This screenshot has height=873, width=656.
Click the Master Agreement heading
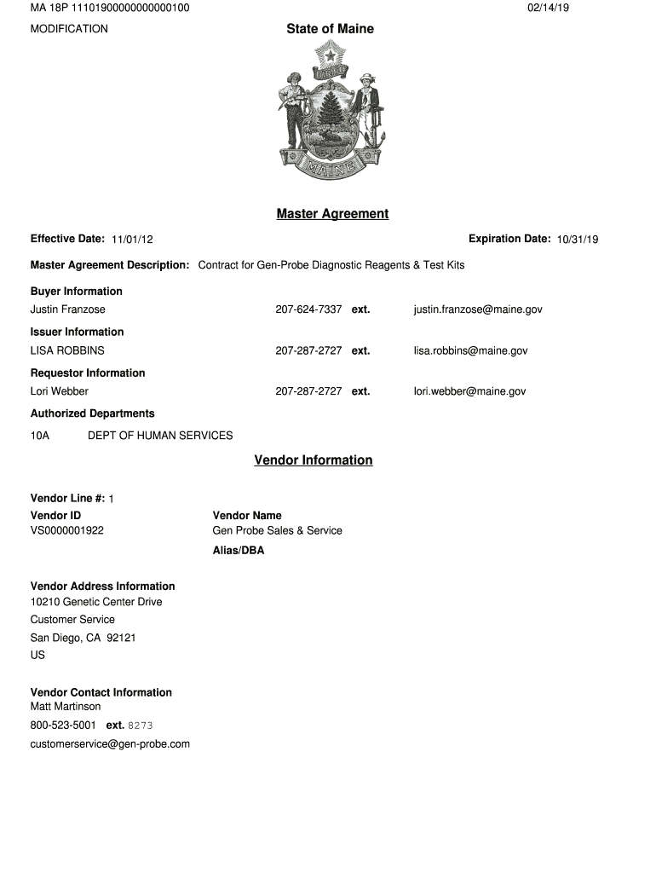tap(332, 214)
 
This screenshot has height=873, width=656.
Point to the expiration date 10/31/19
tap(578, 240)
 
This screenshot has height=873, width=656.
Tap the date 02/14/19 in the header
tap(548, 8)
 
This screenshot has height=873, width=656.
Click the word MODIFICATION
tap(69, 29)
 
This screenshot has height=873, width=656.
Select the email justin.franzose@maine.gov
tap(478, 309)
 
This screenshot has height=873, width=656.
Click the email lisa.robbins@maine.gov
tap(470, 350)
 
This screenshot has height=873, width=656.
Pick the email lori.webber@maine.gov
tap(469, 391)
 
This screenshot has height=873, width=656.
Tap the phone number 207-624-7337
tap(308, 309)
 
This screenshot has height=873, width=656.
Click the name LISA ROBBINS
tap(67, 350)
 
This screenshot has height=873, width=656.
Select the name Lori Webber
tap(60, 391)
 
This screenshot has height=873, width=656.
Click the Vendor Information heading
tap(314, 460)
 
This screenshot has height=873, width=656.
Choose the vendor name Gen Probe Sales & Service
tap(277, 530)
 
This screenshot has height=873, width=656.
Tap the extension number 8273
tap(141, 726)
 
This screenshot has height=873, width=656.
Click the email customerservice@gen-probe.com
tap(110, 744)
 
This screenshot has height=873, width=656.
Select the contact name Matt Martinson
tap(66, 707)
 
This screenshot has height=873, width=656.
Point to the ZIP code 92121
tap(122, 638)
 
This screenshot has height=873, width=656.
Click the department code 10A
tap(40, 436)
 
